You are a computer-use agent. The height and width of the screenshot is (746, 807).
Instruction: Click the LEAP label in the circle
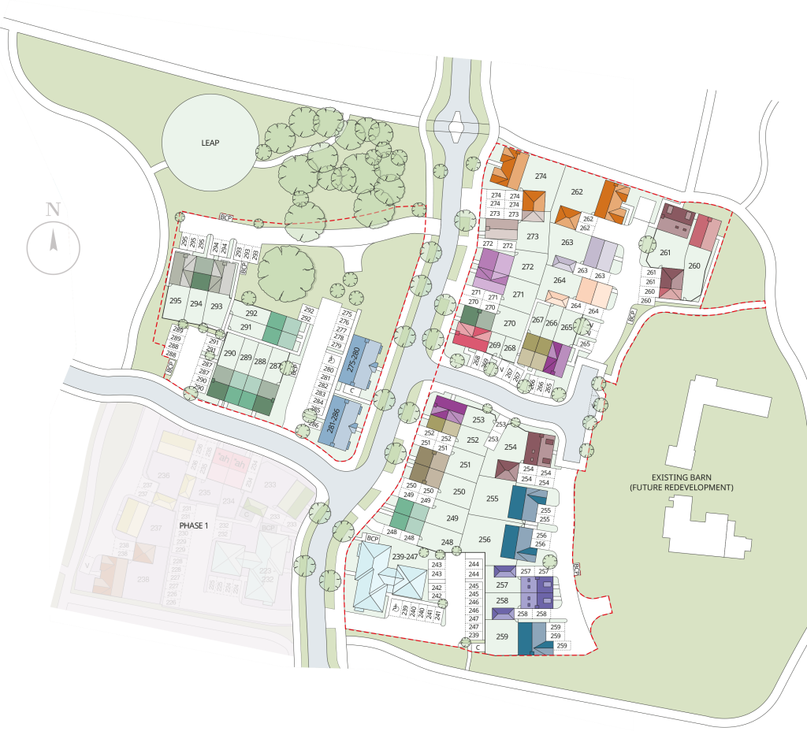click(x=209, y=143)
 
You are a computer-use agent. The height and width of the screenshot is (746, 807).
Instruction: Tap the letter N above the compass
click(x=53, y=210)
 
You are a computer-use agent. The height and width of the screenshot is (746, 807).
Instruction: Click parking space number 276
click(x=344, y=322)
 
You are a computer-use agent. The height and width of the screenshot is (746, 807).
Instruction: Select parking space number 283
click(x=318, y=392)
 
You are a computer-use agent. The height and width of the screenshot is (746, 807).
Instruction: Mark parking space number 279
click(x=337, y=345)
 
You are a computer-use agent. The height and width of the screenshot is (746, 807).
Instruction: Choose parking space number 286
click(x=314, y=424)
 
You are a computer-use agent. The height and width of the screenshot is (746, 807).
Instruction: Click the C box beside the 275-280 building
click(x=353, y=391)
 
